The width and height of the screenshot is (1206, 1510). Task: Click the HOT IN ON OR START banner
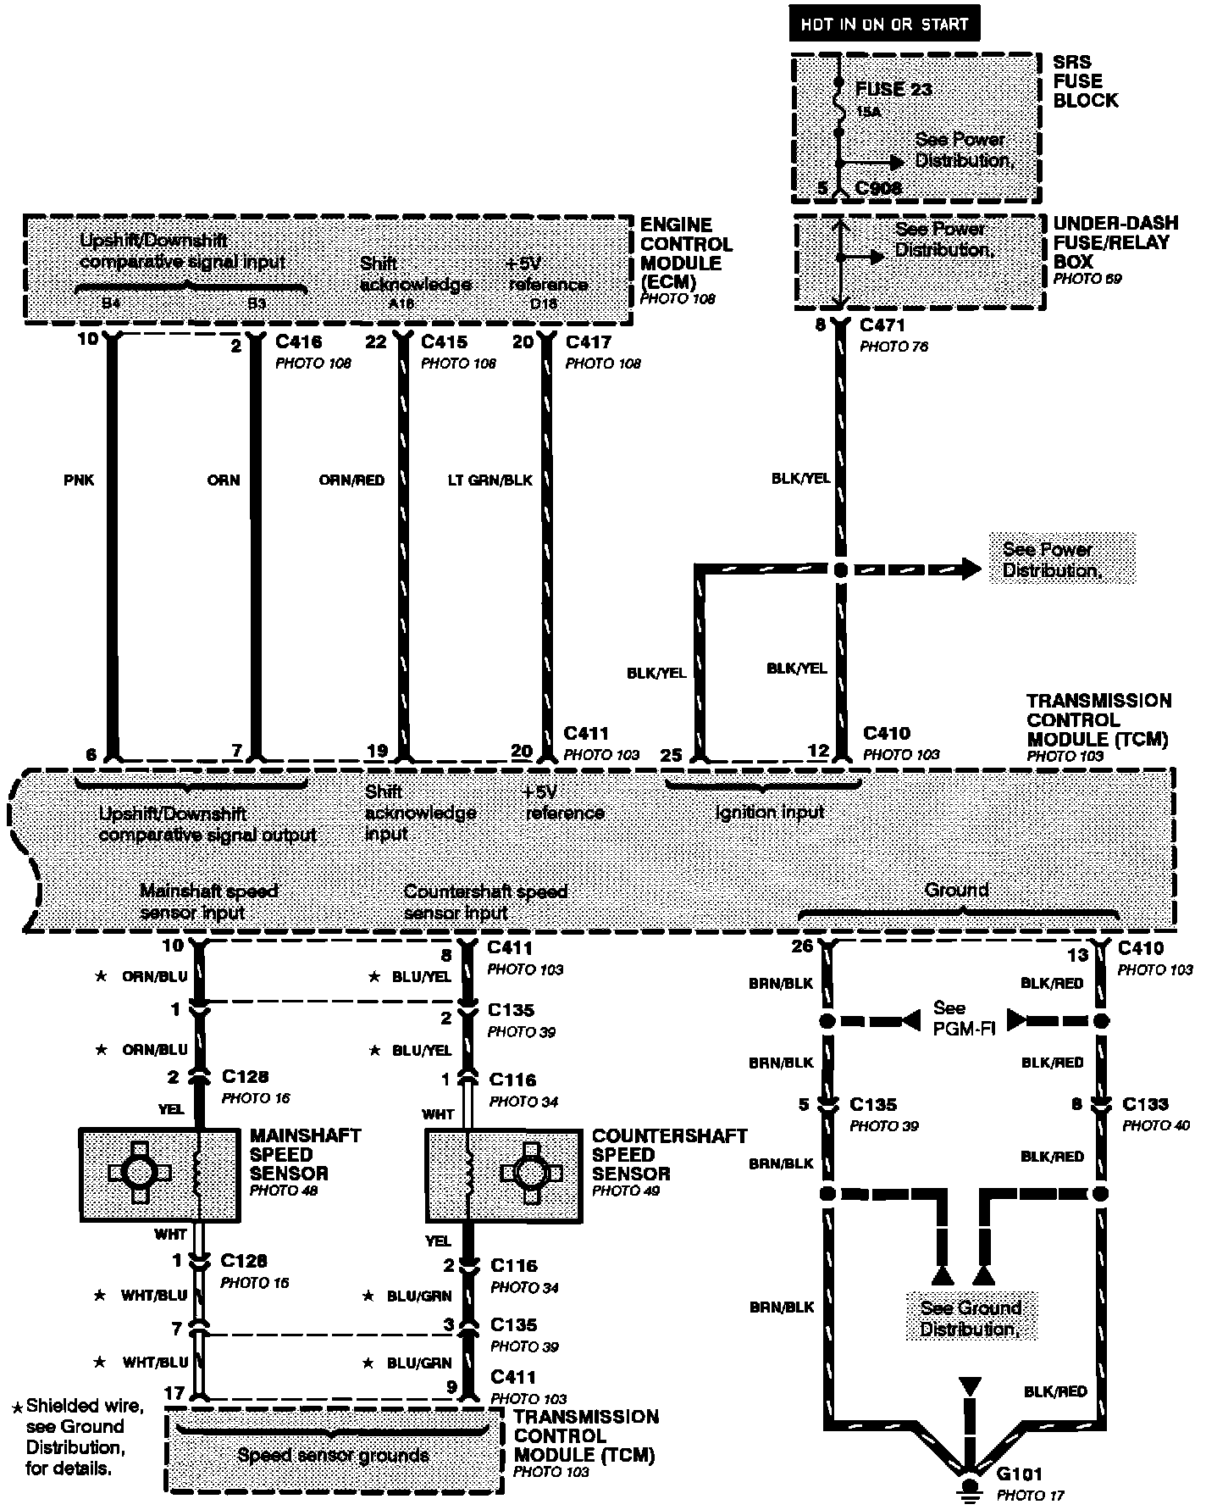[x=884, y=24]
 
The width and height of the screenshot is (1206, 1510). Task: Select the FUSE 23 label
[x=894, y=89]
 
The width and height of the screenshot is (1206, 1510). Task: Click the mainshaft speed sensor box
[x=159, y=1173]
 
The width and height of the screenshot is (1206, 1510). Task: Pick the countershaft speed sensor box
[x=504, y=1174]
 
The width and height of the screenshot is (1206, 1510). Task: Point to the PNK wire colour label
[x=79, y=480]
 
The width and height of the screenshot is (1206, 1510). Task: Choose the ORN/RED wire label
[x=351, y=480]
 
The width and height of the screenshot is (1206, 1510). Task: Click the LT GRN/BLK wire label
[x=490, y=480]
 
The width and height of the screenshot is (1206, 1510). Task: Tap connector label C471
[x=882, y=325]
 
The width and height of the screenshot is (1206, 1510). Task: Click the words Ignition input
[x=769, y=812]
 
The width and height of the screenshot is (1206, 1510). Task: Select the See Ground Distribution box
[x=971, y=1318]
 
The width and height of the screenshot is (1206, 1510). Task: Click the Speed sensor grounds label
[x=333, y=1456]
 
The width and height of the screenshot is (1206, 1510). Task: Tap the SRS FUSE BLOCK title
[x=1085, y=81]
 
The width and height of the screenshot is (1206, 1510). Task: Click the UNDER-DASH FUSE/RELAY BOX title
[x=1115, y=242]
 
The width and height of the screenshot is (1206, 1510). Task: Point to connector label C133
[x=1145, y=1104]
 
